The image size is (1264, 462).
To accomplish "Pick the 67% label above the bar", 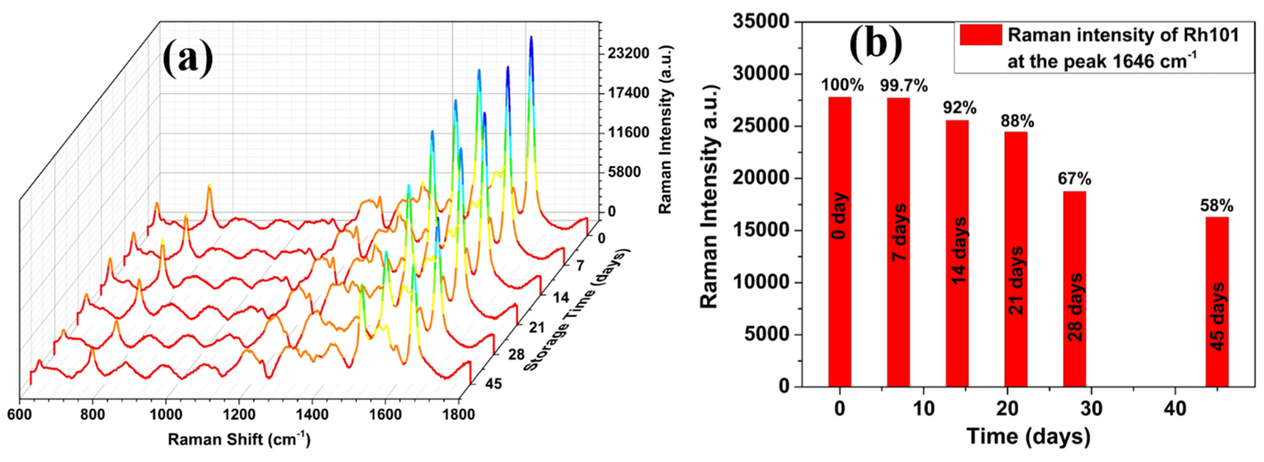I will click(1075, 179).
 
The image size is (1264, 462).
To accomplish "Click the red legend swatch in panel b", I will click(980, 35).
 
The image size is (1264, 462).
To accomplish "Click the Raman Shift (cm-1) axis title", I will click(239, 439).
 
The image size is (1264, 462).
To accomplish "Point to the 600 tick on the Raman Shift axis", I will click(20, 414).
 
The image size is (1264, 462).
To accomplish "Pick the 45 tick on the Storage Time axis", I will click(492, 384).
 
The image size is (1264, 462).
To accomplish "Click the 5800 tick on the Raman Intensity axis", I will click(624, 172).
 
